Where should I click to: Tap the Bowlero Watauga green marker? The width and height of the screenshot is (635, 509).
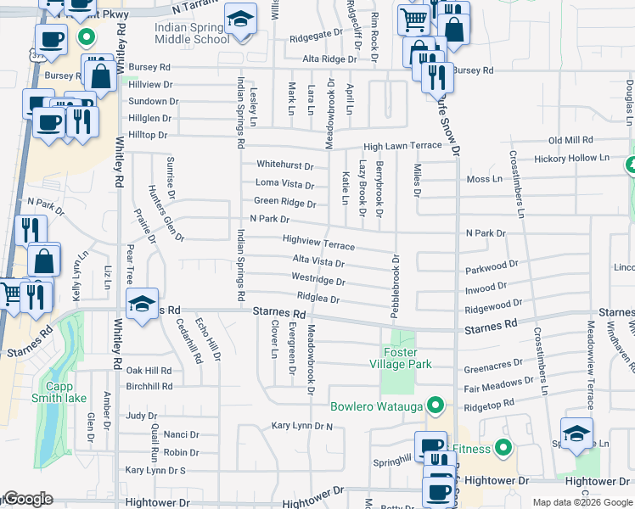pyautogui.click(x=436, y=404)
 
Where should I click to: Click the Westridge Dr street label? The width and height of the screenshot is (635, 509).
pyautogui.click(x=317, y=280)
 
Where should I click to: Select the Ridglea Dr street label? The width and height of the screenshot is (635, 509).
pyautogui.click(x=318, y=299)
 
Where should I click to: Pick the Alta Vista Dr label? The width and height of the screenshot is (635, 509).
pyautogui.click(x=317, y=261)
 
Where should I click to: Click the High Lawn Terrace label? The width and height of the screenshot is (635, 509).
pyautogui.click(x=403, y=146)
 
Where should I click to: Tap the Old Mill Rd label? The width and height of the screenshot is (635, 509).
pyautogui.click(x=570, y=140)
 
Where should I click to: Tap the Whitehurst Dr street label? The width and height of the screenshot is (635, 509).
pyautogui.click(x=284, y=165)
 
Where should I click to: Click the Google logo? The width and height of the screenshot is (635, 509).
pyautogui.click(x=27, y=500)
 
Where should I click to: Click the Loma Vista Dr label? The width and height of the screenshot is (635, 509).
pyautogui.click(x=284, y=184)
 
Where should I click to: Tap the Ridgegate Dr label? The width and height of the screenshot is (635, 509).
pyautogui.click(x=315, y=39)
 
